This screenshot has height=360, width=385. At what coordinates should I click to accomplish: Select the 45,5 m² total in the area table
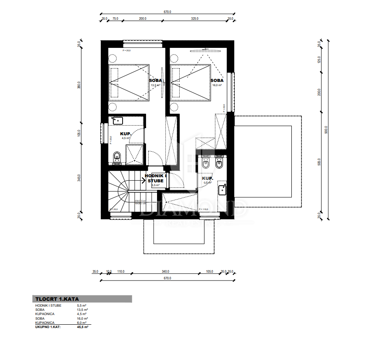tap(83, 326)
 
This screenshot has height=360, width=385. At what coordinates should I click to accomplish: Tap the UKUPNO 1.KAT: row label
tap(48, 326)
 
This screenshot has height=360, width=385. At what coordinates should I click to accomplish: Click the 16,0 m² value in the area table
tap(82, 318)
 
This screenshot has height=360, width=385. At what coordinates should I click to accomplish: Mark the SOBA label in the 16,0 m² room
tap(217, 81)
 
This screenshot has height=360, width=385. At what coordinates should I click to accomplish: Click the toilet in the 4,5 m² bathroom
tap(117, 157)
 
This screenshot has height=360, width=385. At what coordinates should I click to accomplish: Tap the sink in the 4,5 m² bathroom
tap(118, 121)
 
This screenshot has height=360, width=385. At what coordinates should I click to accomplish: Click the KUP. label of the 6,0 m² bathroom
tap(208, 178)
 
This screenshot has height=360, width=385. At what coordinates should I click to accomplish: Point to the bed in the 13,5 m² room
tap(129, 83)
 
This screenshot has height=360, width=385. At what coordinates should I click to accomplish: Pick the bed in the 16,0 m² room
tap(191, 83)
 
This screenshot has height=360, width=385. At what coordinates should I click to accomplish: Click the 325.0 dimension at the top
tap(195, 19)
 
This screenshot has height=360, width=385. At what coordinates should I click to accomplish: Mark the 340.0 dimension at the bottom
tap(165, 272)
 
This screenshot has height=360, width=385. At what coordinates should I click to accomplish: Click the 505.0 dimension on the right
tap(319, 162)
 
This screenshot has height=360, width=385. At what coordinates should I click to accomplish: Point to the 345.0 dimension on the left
tap(79, 179)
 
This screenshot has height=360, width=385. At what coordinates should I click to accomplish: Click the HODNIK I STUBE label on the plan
tap(155, 179)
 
